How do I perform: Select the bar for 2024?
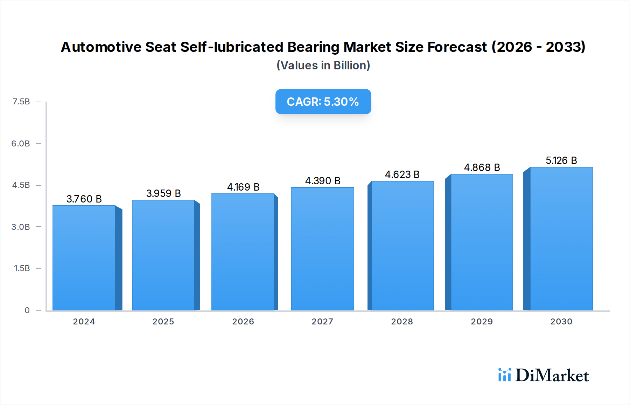[x=84, y=258]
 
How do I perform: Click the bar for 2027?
[x=322, y=249]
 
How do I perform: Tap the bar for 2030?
[x=561, y=239]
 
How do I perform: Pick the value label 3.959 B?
[x=163, y=193]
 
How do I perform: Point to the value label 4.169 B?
[x=243, y=187]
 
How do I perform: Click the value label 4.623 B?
[x=402, y=174]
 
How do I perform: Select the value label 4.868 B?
[x=482, y=167]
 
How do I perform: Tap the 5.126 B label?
[x=561, y=160]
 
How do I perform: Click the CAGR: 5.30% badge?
[x=323, y=102]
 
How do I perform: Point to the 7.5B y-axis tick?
[x=21, y=102]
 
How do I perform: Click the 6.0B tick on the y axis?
[x=21, y=143]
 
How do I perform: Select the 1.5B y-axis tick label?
[x=22, y=268]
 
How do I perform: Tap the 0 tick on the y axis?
[x=27, y=310]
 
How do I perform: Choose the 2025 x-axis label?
[x=163, y=322]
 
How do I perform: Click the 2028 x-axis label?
[x=402, y=322]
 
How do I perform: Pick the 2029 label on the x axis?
[x=482, y=322]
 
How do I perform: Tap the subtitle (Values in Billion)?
[x=323, y=66]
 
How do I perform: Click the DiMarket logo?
[x=543, y=375]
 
